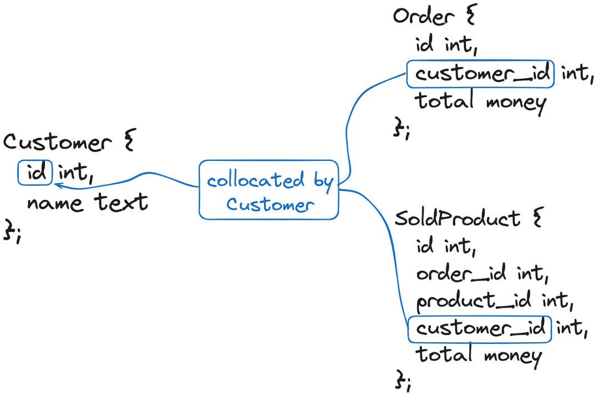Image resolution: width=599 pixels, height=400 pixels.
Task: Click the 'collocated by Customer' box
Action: coord(268,190)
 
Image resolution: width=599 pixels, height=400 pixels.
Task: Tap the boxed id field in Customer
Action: coord(35,173)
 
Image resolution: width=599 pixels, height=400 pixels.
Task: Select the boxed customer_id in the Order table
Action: coord(480,74)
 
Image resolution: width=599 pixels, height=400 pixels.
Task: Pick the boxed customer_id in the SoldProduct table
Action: coord(480,328)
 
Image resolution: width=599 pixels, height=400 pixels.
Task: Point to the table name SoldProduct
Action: coord(458,219)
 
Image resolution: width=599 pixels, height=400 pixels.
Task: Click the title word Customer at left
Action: coord(57,143)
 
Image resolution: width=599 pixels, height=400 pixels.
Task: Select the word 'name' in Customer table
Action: coord(54,203)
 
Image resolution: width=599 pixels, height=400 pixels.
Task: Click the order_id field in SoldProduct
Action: coord(465,274)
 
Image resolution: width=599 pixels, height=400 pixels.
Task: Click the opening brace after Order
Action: coord(470,17)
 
